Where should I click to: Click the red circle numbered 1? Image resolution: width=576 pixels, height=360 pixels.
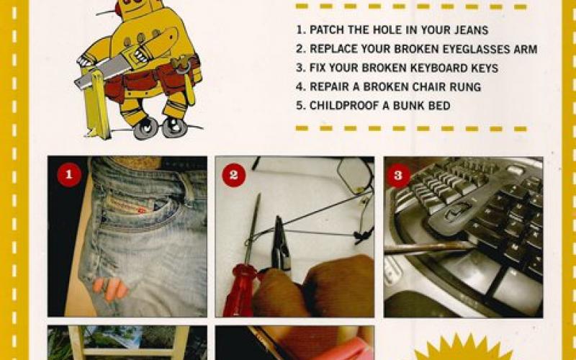[x=70, y=175]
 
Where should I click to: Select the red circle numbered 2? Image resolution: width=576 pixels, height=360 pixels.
[x=234, y=175]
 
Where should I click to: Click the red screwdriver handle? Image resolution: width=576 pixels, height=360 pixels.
[x=238, y=292]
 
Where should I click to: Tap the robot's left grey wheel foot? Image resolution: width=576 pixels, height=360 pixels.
[x=146, y=127]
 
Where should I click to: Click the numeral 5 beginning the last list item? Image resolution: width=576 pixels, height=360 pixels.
[x=300, y=106]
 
